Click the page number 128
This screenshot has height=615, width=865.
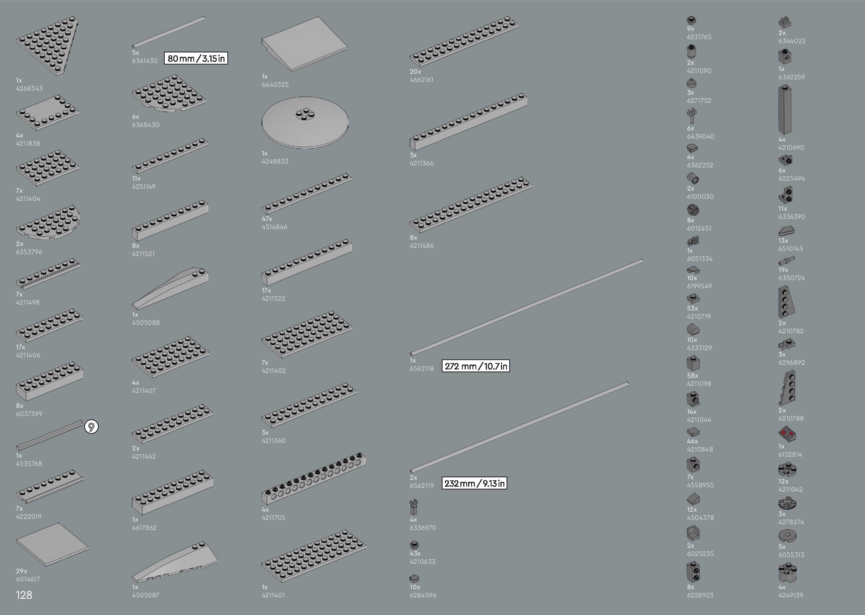[24, 595]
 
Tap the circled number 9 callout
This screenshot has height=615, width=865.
[91, 427]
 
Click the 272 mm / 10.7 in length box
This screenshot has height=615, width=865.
[476, 366]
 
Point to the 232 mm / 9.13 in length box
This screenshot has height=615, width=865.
[474, 483]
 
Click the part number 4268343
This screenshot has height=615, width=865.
[29, 88]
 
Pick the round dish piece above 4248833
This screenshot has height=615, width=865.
[305, 122]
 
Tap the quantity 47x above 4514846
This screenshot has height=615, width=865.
[267, 219]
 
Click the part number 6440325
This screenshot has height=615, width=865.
[275, 84]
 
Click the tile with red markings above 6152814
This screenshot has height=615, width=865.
[787, 434]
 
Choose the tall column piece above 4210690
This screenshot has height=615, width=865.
[785, 110]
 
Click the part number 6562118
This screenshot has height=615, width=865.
[422, 369]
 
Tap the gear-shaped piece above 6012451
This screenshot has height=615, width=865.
[693, 210]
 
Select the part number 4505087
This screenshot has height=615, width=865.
[145, 595]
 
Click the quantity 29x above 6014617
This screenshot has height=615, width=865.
[22, 571]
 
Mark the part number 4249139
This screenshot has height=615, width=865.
[790, 595]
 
